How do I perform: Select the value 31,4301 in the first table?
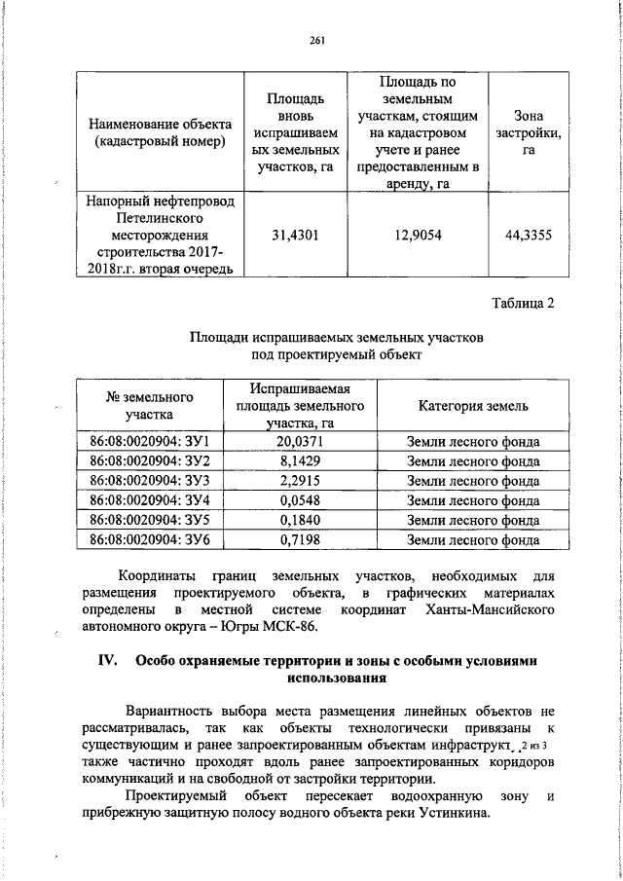[x=298, y=233]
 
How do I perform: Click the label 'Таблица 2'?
[x=523, y=302]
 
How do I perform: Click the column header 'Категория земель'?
[x=473, y=405]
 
